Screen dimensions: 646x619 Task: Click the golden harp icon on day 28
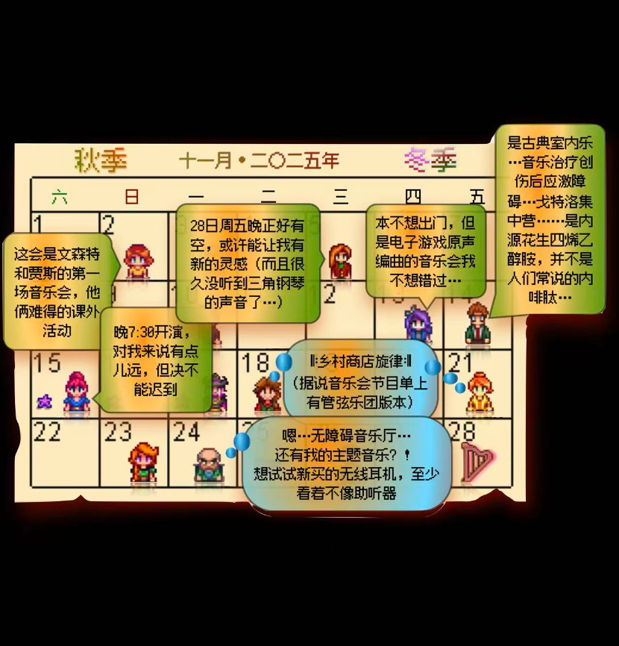477,462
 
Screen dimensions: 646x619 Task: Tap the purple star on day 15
45,401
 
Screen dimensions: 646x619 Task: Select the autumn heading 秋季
101,160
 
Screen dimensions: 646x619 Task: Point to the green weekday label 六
59,197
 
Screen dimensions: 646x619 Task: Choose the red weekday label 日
131,197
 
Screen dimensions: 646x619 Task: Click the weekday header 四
412,197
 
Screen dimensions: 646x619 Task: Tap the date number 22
47,432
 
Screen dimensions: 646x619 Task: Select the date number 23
118,432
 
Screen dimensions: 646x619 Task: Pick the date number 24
186,432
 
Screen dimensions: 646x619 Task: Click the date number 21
461,363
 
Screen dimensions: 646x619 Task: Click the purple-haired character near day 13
418,324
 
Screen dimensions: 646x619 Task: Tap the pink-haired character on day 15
76,392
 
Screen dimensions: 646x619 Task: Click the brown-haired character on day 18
266,394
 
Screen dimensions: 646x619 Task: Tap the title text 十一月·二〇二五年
259,160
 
